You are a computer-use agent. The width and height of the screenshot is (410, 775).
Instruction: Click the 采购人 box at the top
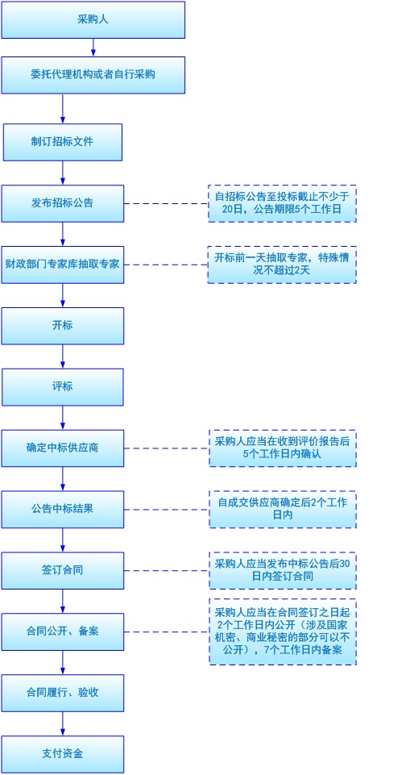(x=93, y=19)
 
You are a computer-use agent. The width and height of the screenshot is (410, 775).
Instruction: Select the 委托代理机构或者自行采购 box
(x=93, y=75)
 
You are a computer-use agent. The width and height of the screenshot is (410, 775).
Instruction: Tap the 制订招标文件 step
(x=63, y=142)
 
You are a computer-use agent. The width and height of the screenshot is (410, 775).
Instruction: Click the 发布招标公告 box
(x=63, y=203)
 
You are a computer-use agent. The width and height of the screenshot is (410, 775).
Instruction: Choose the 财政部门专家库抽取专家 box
(x=63, y=265)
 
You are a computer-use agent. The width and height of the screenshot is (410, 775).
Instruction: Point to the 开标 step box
(x=63, y=326)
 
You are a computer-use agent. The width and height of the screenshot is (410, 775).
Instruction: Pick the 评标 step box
(x=63, y=387)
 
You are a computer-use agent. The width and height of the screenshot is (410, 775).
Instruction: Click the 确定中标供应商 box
(x=63, y=448)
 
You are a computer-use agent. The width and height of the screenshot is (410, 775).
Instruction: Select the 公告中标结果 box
(x=63, y=510)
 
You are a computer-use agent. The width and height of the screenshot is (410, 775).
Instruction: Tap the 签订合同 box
(x=63, y=571)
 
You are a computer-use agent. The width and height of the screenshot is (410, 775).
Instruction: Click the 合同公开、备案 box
(x=63, y=631)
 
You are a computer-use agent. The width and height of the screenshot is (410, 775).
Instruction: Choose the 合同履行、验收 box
(x=63, y=693)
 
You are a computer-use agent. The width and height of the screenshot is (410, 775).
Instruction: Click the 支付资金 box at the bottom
(x=63, y=754)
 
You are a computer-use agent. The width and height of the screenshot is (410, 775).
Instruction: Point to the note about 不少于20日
(x=282, y=203)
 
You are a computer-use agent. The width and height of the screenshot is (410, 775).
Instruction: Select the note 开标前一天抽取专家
(x=282, y=265)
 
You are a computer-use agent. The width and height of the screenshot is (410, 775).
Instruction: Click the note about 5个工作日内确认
(x=282, y=448)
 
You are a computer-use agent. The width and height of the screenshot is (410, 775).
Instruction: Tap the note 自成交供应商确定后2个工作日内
(x=282, y=510)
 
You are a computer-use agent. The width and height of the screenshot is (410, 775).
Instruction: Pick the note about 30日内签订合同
(x=282, y=571)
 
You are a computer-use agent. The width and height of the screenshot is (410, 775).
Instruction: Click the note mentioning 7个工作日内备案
(x=282, y=631)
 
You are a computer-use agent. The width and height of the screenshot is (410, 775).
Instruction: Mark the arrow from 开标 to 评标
(x=63, y=356)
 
